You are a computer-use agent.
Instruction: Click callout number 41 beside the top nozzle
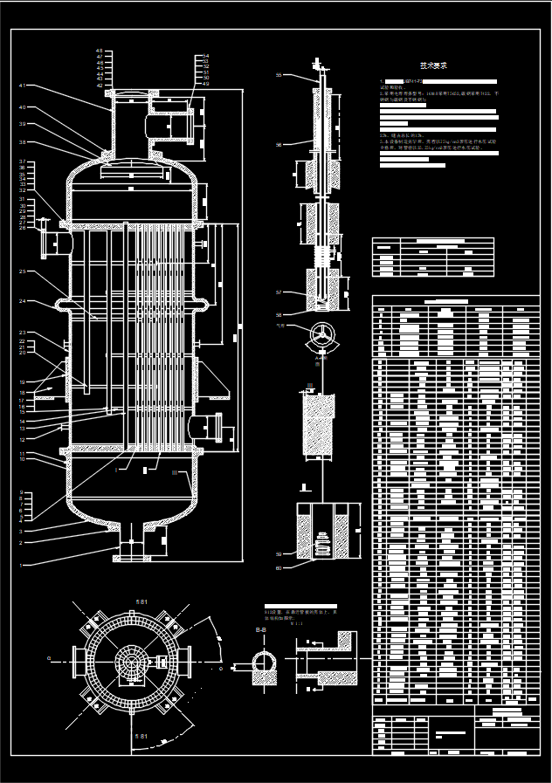[22, 86]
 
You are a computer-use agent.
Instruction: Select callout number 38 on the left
[22, 142]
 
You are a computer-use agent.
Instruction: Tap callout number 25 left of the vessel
[22, 271]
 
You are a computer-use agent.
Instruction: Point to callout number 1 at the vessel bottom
[22, 566]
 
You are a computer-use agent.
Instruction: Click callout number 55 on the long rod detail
[279, 75]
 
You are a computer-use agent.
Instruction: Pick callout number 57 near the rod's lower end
[279, 292]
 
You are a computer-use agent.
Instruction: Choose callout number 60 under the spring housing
[279, 568]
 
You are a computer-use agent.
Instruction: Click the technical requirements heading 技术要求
[433, 65]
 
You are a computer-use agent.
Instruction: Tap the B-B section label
[261, 629]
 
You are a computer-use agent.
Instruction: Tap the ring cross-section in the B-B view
[262, 660]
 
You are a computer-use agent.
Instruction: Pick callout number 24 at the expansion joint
[22, 302]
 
